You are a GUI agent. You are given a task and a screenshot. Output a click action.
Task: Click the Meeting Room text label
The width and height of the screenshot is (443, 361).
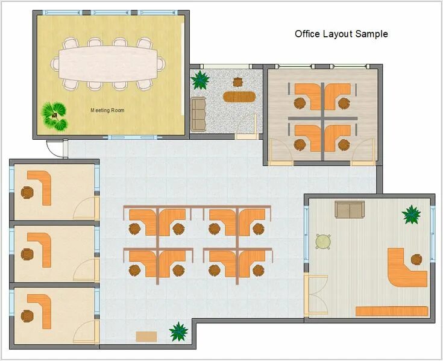[107, 110]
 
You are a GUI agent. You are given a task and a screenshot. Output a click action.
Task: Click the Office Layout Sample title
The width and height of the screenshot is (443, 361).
[341, 34]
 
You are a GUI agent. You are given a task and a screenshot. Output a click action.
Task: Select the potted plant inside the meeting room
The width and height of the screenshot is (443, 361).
[55, 116]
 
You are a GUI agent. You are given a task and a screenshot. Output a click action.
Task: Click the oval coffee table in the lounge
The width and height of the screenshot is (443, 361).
[239, 97]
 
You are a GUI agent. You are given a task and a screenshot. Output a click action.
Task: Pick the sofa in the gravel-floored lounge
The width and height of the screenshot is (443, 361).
[198, 114]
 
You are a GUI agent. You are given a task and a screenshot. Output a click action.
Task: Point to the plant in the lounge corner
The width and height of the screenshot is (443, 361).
[200, 80]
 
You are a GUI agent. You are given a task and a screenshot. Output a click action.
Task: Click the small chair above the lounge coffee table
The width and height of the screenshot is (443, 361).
[238, 82]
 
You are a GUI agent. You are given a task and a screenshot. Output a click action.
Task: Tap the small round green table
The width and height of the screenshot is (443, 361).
[323, 242]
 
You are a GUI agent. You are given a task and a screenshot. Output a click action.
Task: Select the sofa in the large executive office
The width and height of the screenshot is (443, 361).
[350, 209]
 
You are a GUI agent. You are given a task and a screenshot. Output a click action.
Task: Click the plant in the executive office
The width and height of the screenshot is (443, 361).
[411, 215]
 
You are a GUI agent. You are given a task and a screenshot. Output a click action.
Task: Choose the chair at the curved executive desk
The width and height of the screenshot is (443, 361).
[416, 259]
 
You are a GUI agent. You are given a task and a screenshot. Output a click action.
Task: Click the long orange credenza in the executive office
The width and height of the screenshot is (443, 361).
[392, 311]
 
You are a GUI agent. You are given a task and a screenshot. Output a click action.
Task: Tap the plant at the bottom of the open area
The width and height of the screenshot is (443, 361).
[178, 331]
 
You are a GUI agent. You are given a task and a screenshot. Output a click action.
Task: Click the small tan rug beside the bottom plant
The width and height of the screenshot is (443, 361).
[146, 336]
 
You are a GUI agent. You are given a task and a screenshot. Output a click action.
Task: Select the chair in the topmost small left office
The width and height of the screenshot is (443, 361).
[27, 192]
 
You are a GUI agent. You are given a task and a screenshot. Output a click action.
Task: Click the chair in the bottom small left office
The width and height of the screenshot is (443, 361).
[27, 316]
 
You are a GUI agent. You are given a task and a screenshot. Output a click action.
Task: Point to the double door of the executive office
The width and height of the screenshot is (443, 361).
[316, 295]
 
